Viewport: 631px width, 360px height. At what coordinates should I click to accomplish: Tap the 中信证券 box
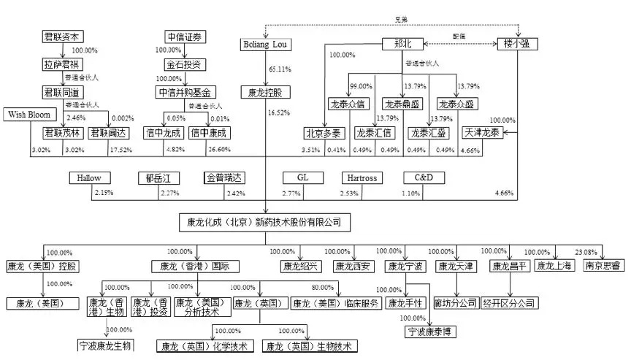tap(183, 36)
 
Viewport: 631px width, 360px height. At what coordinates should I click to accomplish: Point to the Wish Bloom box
tap(28, 115)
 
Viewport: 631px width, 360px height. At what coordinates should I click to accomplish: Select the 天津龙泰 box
tap(481, 133)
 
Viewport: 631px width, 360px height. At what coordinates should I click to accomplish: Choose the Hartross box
tap(362, 177)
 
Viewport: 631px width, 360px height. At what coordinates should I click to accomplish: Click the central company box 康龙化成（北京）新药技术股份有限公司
tap(259, 221)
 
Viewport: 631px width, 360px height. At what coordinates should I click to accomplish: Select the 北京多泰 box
tap(324, 133)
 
